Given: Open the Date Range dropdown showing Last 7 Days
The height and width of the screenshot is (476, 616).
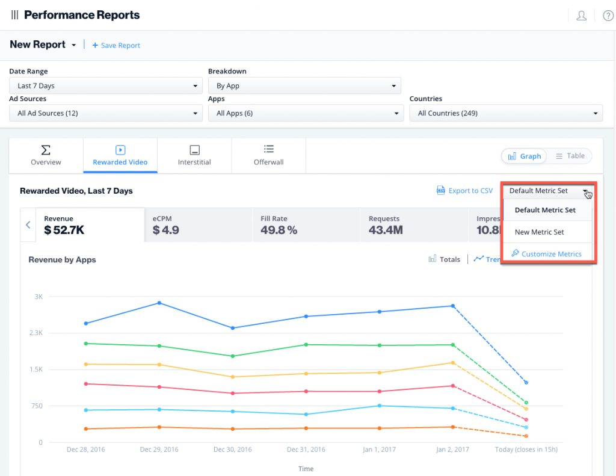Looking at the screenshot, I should [x=105, y=86].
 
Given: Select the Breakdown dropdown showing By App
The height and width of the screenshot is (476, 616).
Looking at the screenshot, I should [x=304, y=86].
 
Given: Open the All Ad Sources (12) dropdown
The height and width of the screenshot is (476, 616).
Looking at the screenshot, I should [x=105, y=113].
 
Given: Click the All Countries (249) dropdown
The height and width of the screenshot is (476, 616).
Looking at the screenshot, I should [x=506, y=113].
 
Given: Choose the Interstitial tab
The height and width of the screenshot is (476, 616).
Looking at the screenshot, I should [x=194, y=155].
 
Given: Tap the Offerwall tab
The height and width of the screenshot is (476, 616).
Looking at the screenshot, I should [x=268, y=155].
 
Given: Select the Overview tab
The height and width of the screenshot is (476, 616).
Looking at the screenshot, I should [x=46, y=155].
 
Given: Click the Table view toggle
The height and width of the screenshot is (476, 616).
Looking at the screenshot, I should [x=570, y=156].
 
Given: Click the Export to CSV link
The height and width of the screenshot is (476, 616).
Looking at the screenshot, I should [x=464, y=191].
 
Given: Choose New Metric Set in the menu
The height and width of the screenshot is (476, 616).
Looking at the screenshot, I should [x=539, y=232].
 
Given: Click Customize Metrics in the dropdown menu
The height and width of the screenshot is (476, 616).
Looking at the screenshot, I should [x=547, y=254].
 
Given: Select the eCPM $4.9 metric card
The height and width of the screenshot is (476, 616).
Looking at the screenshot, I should [x=198, y=224].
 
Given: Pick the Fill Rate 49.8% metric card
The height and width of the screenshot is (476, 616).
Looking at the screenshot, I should [x=306, y=224].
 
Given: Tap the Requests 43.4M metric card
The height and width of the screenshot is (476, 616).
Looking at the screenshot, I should [x=414, y=224].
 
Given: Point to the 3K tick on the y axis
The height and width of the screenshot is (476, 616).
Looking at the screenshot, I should [x=38, y=297].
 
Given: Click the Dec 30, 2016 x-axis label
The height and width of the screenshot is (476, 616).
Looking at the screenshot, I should [x=232, y=450].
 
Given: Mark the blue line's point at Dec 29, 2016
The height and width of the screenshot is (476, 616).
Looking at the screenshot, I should [x=159, y=303].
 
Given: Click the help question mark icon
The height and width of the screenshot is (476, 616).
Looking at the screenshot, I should [x=608, y=16].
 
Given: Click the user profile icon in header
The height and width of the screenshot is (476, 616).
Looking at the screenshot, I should [x=581, y=16].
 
